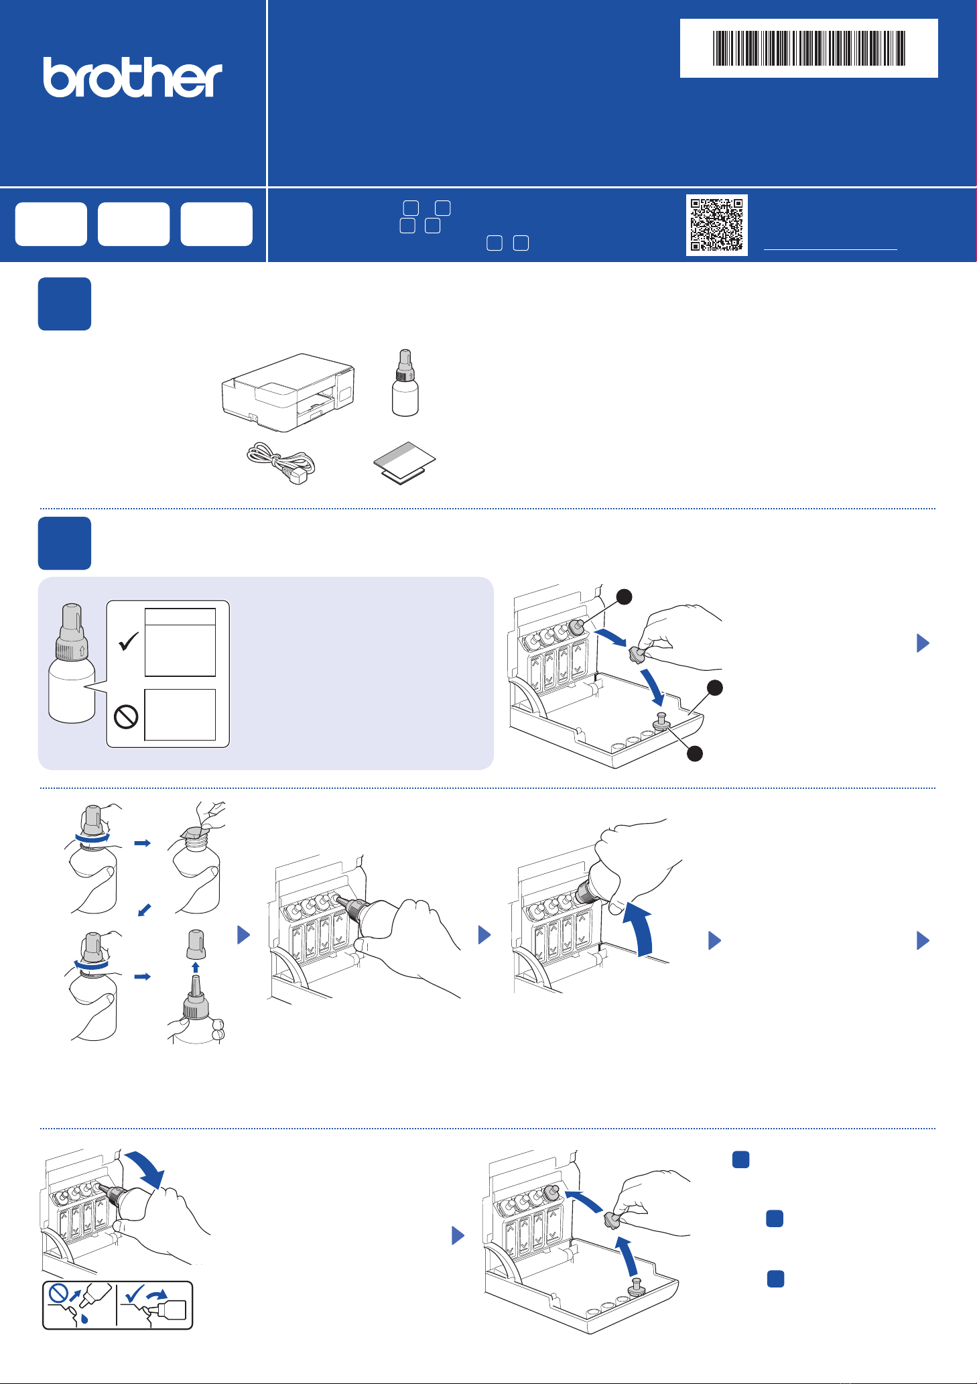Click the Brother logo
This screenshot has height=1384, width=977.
point(133,78)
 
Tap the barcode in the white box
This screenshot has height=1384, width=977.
point(809,48)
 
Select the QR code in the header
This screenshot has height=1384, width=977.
point(716,225)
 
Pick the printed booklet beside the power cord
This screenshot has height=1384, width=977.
point(404,462)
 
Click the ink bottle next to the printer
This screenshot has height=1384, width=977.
point(405,383)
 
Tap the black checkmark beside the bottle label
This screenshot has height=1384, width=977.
point(128,641)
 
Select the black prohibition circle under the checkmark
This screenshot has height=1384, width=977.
point(126,716)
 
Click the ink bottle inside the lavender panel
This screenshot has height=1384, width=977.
point(72,663)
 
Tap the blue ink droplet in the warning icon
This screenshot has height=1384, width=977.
point(84,1318)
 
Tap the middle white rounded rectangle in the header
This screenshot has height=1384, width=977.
point(134,224)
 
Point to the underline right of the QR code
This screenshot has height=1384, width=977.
point(830,249)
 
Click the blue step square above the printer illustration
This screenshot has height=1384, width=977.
point(64,304)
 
